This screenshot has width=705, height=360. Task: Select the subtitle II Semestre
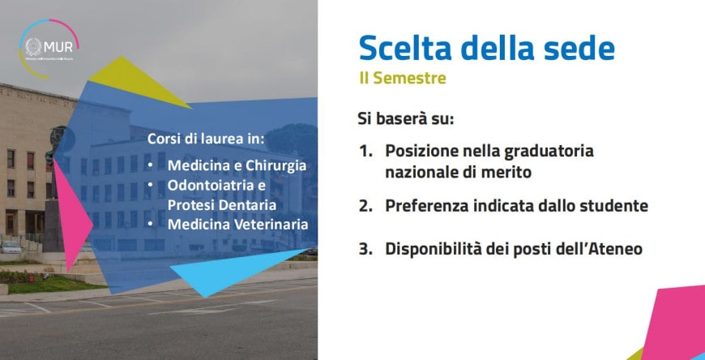tap(403, 79)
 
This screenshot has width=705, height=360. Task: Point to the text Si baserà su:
tap(406, 118)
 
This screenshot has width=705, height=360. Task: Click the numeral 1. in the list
tap(366, 151)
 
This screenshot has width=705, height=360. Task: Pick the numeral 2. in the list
tap(366, 206)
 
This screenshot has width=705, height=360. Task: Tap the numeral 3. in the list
tap(366, 249)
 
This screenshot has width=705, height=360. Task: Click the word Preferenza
tap(429, 206)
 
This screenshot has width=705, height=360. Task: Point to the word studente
tap(616, 206)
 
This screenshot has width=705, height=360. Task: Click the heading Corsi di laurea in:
tap(206, 138)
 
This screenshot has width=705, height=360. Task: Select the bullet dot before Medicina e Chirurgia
tap(152, 165)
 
